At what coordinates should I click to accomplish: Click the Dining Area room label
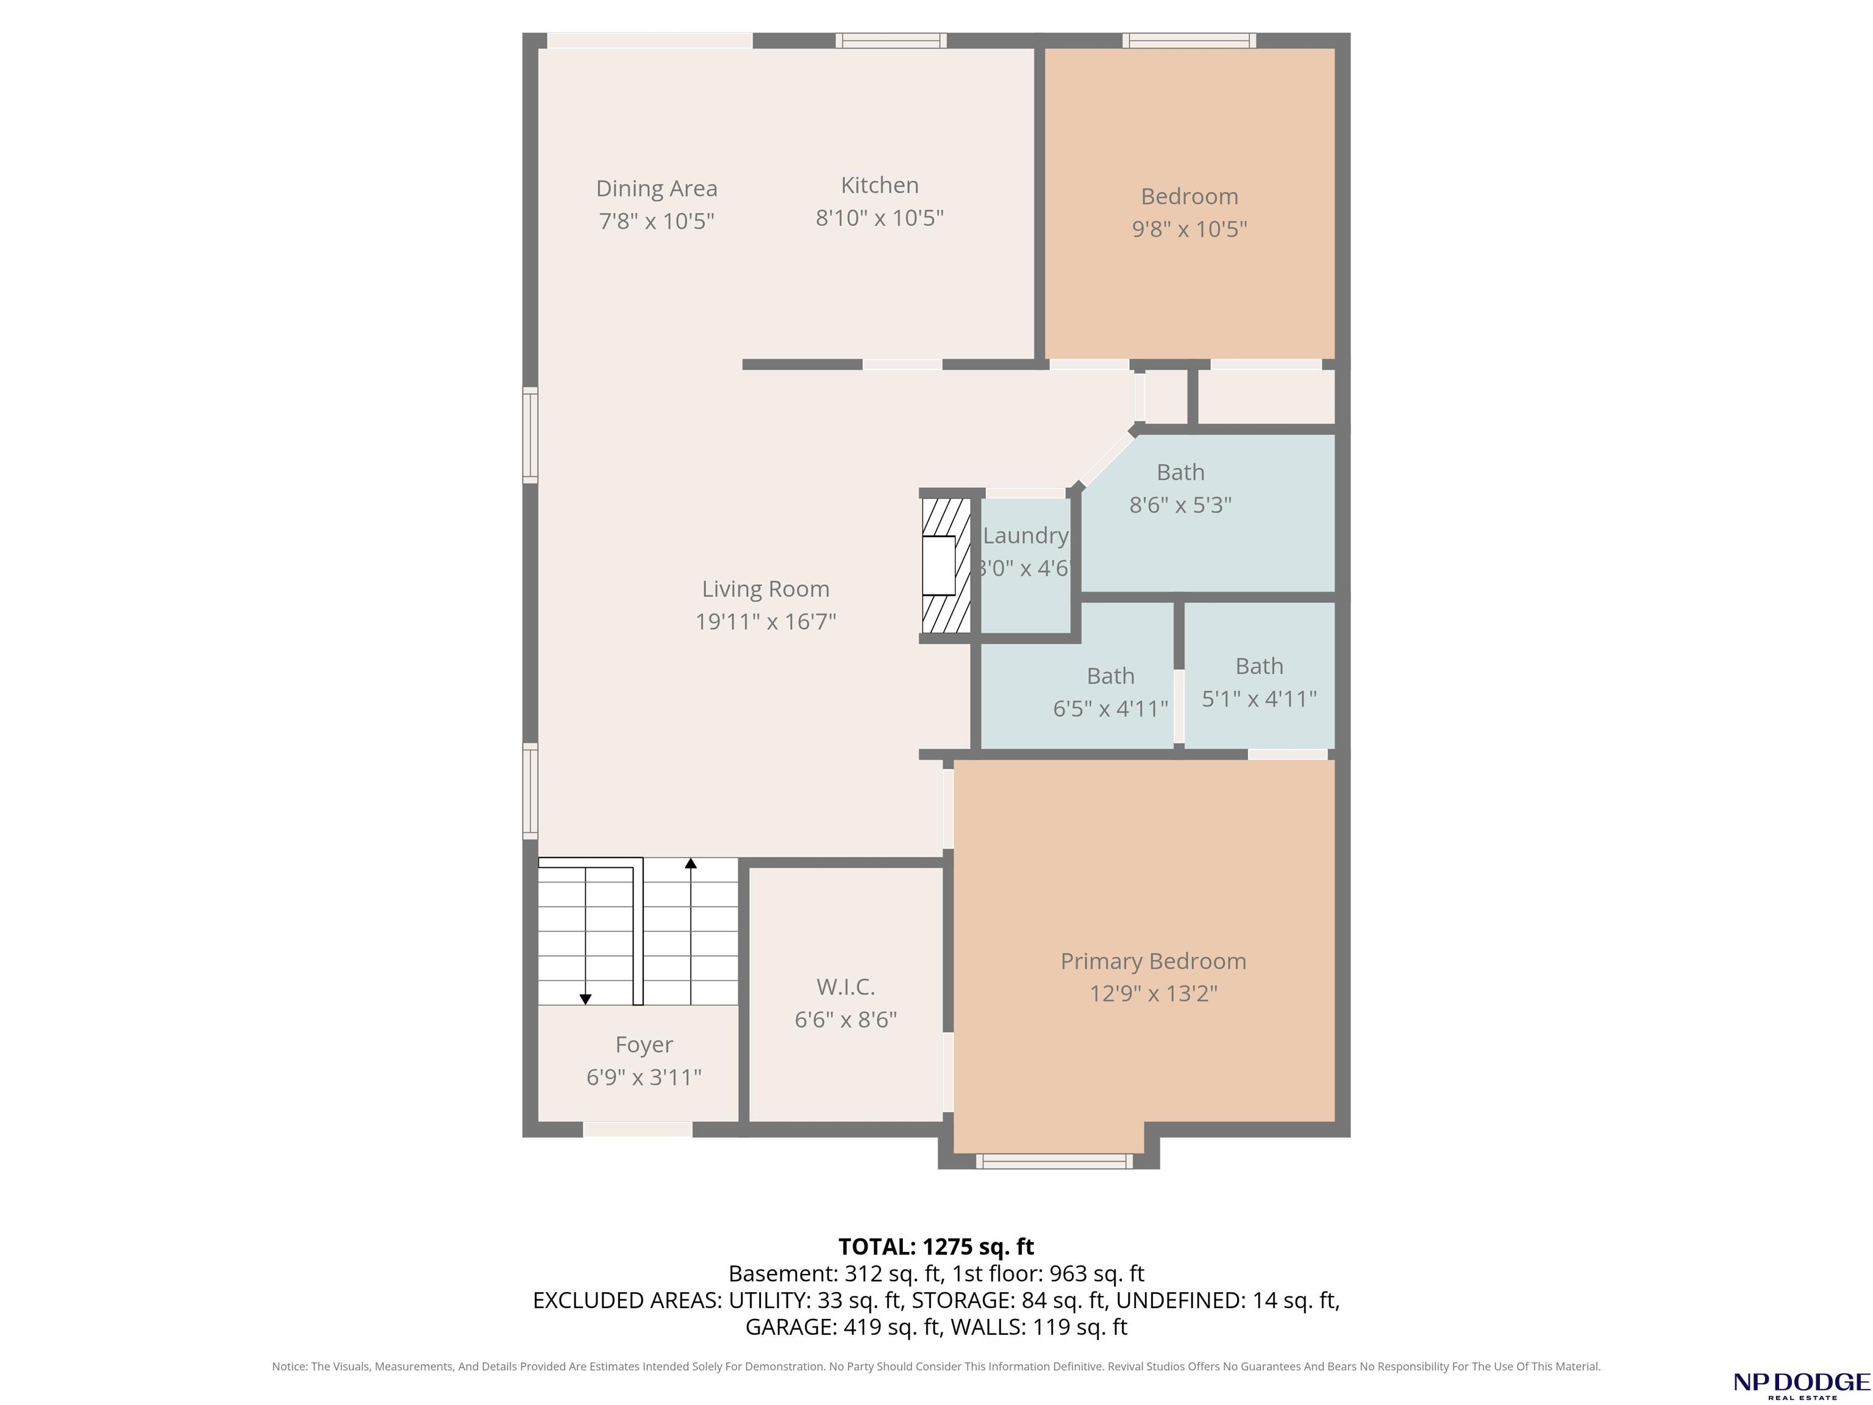click(x=656, y=188)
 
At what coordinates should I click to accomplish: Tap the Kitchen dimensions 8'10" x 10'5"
click(x=879, y=218)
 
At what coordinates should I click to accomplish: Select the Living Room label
click(x=765, y=588)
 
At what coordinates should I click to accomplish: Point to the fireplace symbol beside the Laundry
click(x=946, y=565)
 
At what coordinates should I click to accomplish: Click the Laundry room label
click(x=1026, y=535)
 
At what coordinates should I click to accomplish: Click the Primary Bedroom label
click(x=1154, y=961)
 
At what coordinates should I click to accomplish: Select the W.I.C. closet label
click(x=845, y=987)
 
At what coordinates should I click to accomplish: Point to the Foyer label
click(x=644, y=1045)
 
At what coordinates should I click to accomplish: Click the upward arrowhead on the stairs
click(x=691, y=863)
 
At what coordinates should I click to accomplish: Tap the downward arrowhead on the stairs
click(x=585, y=1000)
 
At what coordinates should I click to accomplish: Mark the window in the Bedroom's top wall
click(x=1190, y=40)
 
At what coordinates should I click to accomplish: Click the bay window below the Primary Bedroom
click(x=1054, y=1161)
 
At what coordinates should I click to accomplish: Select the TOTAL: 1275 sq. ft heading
click(x=936, y=1246)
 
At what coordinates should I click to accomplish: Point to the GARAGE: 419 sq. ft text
click(x=843, y=1327)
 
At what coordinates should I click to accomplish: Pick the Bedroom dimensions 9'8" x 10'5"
click(x=1190, y=229)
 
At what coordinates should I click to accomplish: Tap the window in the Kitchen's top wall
click(x=891, y=40)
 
